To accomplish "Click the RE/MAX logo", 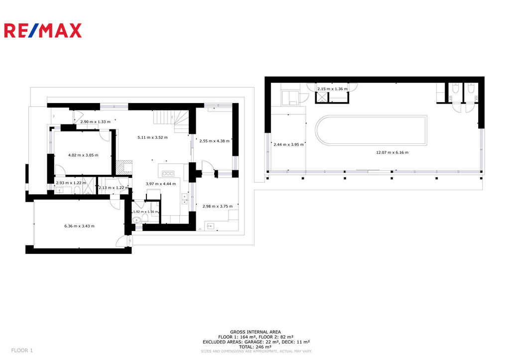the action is tap(43, 30).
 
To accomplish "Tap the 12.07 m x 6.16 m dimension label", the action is tap(392, 152).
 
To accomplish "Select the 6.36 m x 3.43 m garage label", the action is tap(79, 226).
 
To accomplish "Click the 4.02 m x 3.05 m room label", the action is tap(83, 155).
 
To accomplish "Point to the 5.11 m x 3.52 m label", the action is tap(152, 137).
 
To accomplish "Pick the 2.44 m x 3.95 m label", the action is tap(288, 144).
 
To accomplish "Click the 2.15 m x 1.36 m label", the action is tap(332, 89).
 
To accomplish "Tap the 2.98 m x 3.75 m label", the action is tap(218, 206).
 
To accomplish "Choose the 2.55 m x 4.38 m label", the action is tap(214, 141).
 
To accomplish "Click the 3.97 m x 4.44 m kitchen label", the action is tap(161, 184).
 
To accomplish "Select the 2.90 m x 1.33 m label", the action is tap(95, 121).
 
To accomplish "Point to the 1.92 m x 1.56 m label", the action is tap(145, 212).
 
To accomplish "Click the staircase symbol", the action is tap(171, 121).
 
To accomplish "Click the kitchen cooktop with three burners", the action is tap(168, 173).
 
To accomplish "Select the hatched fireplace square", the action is tap(124, 167).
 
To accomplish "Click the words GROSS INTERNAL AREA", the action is tap(255, 332).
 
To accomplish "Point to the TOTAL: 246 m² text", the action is tap(255, 347).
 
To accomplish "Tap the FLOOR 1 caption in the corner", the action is tap(22, 350).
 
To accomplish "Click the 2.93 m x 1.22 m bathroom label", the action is tap(71, 183).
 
